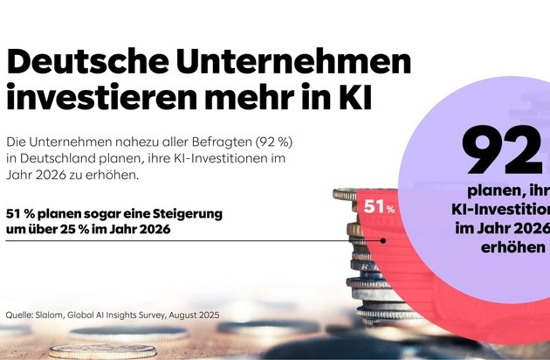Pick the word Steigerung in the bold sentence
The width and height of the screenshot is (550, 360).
click(x=187, y=213)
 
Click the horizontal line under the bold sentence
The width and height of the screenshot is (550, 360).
click(x=175, y=241)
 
